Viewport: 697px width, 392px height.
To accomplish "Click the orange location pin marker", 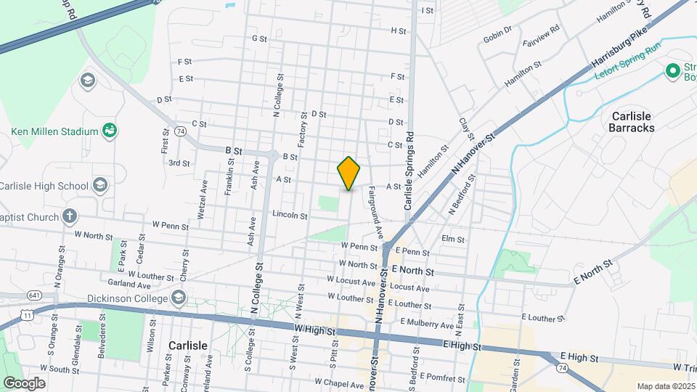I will coord(348,173).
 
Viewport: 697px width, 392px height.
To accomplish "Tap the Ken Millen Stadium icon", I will coord(110,131).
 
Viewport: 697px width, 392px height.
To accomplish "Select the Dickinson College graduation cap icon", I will coord(179,298).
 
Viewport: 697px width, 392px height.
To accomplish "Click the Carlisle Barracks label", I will coord(633,122).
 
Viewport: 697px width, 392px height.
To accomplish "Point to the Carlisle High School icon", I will coord(99,186).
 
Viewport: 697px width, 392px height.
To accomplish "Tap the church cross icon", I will coord(69,216).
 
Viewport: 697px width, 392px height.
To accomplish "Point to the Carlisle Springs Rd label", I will coord(409,171).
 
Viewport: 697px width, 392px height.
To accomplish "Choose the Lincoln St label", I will coord(290,215).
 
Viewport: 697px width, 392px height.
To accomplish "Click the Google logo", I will coord(24,383).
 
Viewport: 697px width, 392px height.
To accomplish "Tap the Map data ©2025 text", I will coord(665,386).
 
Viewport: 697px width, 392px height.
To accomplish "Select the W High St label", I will coord(317,329).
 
